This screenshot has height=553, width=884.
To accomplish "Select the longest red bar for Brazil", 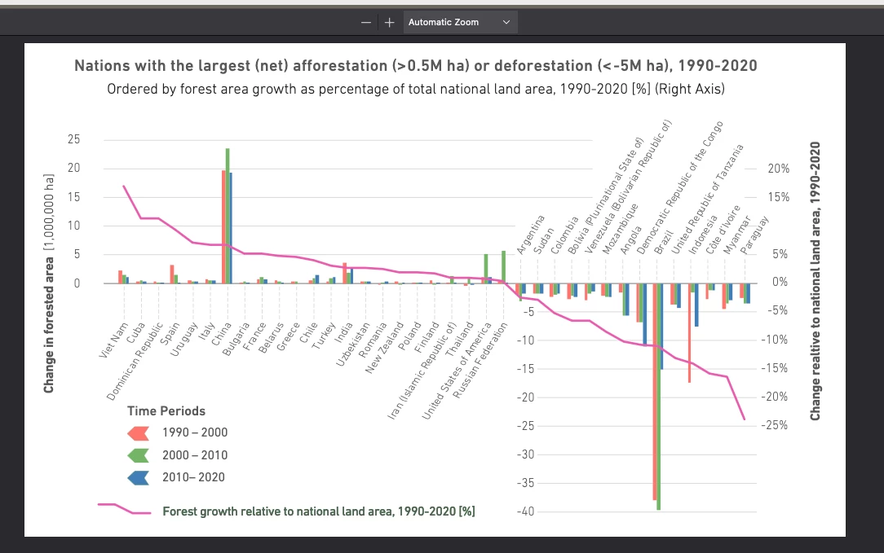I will (x=654, y=391).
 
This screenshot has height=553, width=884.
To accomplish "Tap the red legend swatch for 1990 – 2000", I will (x=138, y=432).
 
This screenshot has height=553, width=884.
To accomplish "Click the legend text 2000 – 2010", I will (x=195, y=455).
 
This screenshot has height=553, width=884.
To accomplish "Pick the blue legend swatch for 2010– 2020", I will (x=138, y=478).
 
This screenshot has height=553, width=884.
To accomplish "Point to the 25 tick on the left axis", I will (x=74, y=140).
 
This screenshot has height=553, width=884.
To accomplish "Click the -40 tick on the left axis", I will (x=528, y=511).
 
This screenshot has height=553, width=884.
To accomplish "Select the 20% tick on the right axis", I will (x=779, y=169).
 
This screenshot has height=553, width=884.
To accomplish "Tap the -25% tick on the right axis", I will (x=777, y=425).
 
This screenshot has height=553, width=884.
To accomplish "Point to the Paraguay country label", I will (x=754, y=237).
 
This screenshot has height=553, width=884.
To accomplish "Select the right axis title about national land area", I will (x=815, y=281).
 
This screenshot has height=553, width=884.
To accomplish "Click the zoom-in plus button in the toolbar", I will (x=389, y=23).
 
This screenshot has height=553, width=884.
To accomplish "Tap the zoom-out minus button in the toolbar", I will (x=366, y=23).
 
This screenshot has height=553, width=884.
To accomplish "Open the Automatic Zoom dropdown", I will (x=459, y=22).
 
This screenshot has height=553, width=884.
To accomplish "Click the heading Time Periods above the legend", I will (x=166, y=410).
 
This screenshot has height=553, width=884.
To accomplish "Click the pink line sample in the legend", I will (x=124, y=509).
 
